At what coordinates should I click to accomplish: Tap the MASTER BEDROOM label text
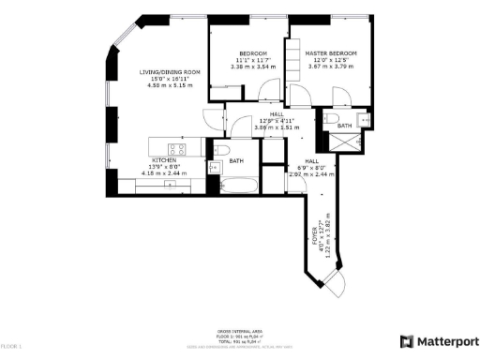coord(331,53)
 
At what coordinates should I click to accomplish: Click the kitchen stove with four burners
coord(178,148)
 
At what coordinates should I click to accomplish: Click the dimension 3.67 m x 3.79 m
coord(331,67)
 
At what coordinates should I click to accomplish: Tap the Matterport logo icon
coord(406,341)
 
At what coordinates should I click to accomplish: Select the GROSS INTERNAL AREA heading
coord(240,331)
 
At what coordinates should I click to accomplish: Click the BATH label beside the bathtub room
coord(237,161)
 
